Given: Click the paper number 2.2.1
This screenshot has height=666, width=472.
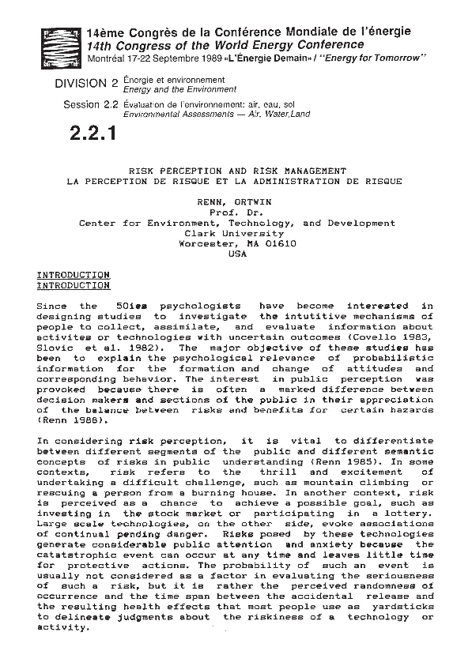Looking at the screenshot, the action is pyautogui.click(x=93, y=134).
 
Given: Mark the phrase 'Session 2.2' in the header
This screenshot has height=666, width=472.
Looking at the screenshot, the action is pyautogui.click(x=91, y=104).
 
